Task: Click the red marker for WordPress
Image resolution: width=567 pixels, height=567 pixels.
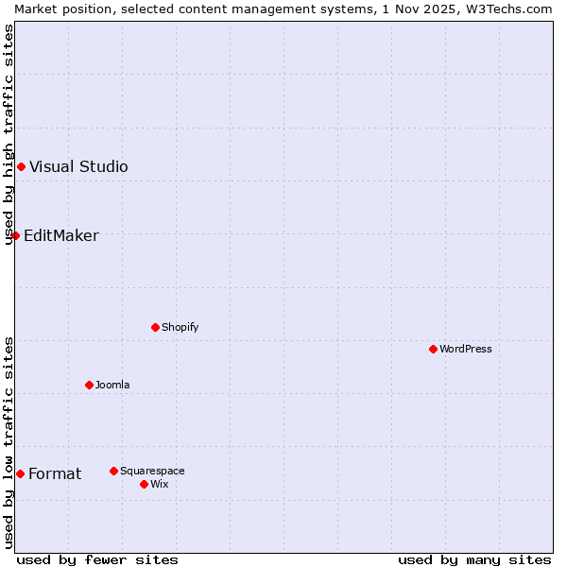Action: coord(433,349)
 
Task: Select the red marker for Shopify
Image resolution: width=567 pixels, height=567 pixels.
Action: coord(155,327)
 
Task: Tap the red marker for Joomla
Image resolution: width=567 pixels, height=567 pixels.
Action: coord(89,385)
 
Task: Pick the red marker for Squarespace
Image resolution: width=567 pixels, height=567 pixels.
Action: coord(113,471)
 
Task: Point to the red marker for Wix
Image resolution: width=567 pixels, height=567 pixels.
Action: coord(144,484)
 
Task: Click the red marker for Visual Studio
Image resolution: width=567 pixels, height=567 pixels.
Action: coord(21,167)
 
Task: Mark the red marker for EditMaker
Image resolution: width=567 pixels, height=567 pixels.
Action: coord(15,235)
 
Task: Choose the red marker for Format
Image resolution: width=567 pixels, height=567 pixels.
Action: coord(20,473)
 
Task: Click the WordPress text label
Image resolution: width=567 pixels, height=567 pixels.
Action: coord(466,349)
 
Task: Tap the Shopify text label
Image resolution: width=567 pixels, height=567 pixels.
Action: coord(180,327)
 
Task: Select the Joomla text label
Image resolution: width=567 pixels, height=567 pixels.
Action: coord(112,385)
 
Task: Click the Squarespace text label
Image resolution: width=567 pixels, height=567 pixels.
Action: coord(152,471)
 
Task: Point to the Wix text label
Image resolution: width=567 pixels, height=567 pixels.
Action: coord(160,484)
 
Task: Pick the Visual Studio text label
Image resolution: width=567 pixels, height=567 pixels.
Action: coord(78,167)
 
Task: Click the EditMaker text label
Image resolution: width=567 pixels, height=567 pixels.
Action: coord(61,235)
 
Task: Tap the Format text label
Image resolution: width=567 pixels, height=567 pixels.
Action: coord(55,473)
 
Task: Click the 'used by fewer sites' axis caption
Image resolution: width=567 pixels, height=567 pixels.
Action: coord(97,560)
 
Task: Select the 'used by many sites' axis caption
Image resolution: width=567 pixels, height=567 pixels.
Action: coord(474,560)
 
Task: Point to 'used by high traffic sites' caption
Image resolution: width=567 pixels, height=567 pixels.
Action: coord(9,134)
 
